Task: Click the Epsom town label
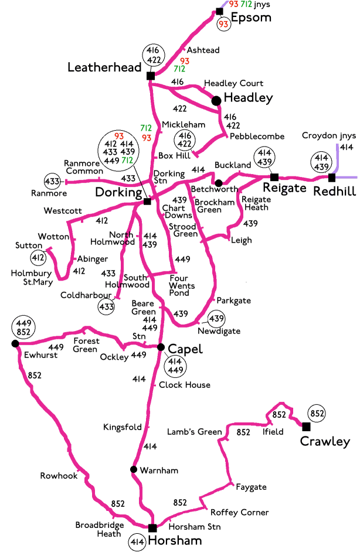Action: pos(251,18)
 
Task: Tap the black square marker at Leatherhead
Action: pos(150,76)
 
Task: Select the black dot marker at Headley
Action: pos(216,101)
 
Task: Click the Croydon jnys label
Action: pos(327,135)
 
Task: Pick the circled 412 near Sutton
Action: pos(38,257)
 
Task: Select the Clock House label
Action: pos(184,385)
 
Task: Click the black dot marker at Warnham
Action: pos(134,469)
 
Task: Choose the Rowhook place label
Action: pos(59,476)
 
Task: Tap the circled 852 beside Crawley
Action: pos(317,414)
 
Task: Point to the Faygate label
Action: pos(251,487)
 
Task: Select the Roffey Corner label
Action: pos(239,512)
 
